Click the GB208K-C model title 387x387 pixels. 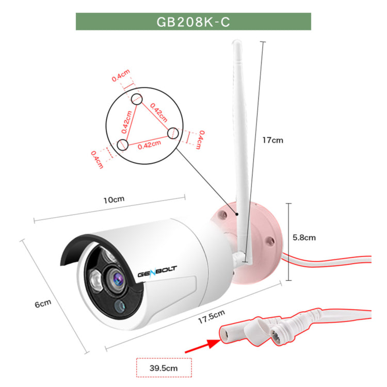point(193,22)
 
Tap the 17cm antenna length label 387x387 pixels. point(272,140)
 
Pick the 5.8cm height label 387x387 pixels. point(303,238)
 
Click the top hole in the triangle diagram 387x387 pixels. point(136,99)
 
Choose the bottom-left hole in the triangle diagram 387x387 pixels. point(123,144)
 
